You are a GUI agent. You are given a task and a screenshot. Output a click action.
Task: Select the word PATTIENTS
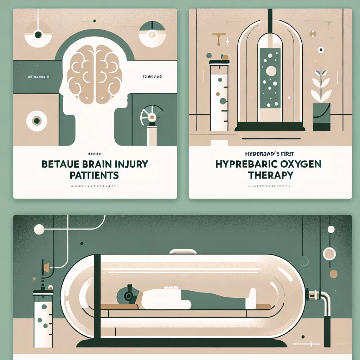[x=94, y=175]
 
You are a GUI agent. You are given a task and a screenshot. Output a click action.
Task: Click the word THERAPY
[x=270, y=175]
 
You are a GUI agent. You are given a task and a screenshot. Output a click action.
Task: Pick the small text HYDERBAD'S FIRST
[x=270, y=153]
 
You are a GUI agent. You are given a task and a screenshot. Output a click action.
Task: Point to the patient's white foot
[x=253, y=296]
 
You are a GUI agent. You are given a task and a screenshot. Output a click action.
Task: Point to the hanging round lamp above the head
[x=38, y=34]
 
